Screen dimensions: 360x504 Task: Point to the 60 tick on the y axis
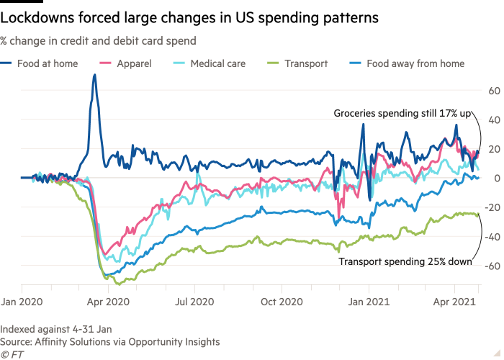click(x=494, y=91)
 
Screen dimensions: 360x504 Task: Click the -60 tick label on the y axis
click(x=492, y=266)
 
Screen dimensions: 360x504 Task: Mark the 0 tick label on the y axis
click(x=497, y=179)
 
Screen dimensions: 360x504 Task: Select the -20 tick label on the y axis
click(x=492, y=208)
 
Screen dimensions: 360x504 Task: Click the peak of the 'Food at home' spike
click(x=94, y=75)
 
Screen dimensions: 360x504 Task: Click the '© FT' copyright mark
click(x=12, y=354)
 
